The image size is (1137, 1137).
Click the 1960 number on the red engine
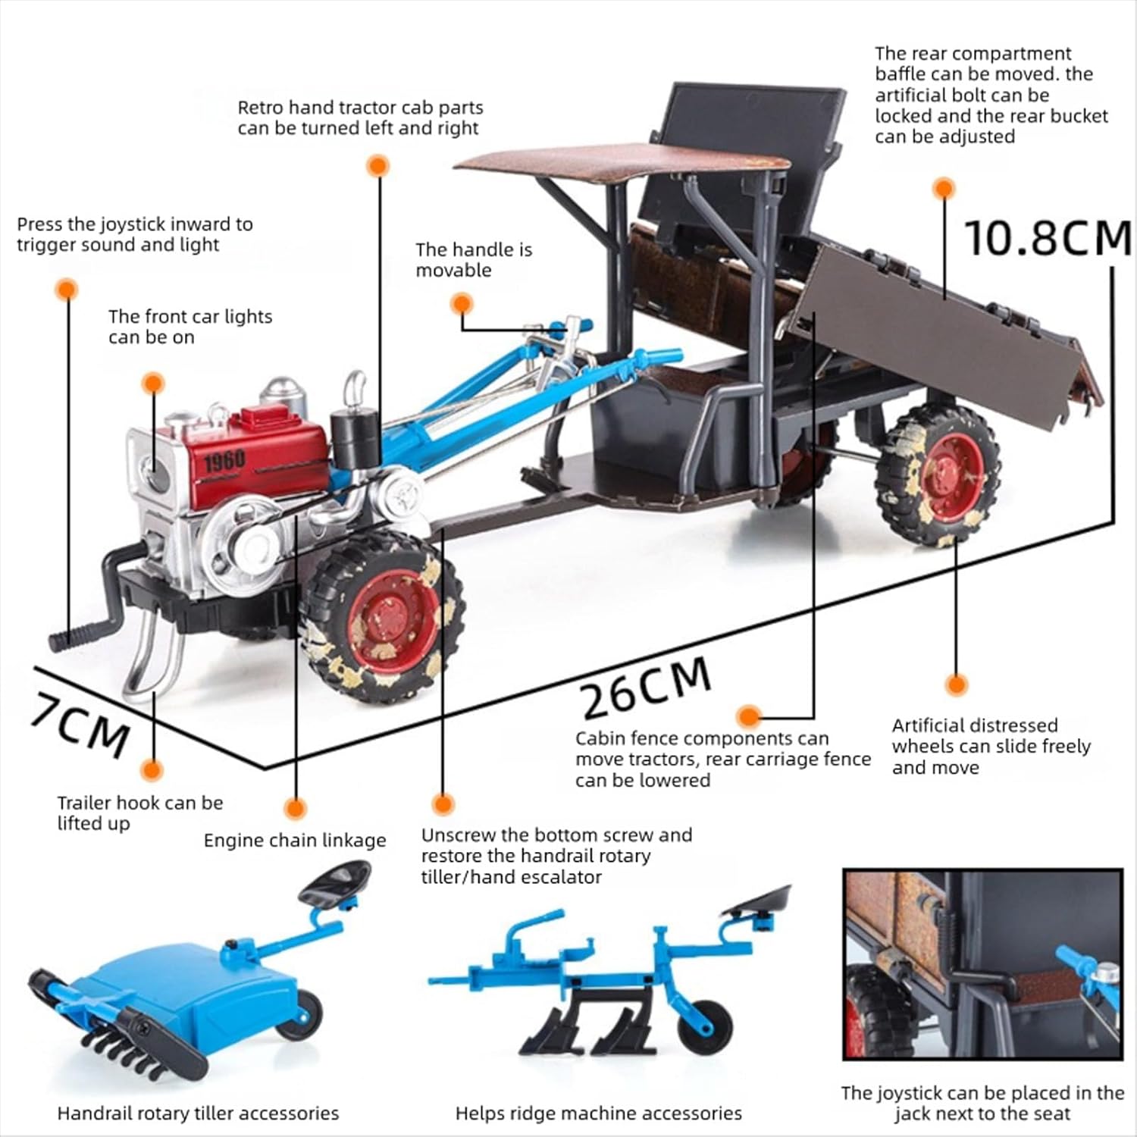[x=224, y=459]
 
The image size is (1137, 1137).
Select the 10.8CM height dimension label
[x=1048, y=237]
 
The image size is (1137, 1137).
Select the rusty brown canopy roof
[x=622, y=164]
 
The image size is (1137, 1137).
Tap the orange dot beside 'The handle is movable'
[x=462, y=305]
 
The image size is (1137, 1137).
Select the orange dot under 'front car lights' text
[x=153, y=383]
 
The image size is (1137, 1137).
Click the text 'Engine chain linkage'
[x=295, y=841]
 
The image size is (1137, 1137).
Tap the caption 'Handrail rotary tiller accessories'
[x=198, y=1114]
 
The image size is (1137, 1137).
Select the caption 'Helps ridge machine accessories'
[x=598, y=1114]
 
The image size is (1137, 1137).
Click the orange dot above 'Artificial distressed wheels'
[x=957, y=685]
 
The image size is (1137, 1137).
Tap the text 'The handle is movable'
[x=474, y=260]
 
